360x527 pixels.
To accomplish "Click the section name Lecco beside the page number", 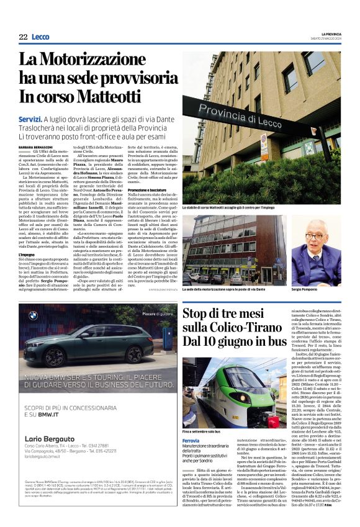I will (x=41, y=37).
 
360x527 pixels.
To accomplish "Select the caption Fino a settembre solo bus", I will (x=202, y=414).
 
